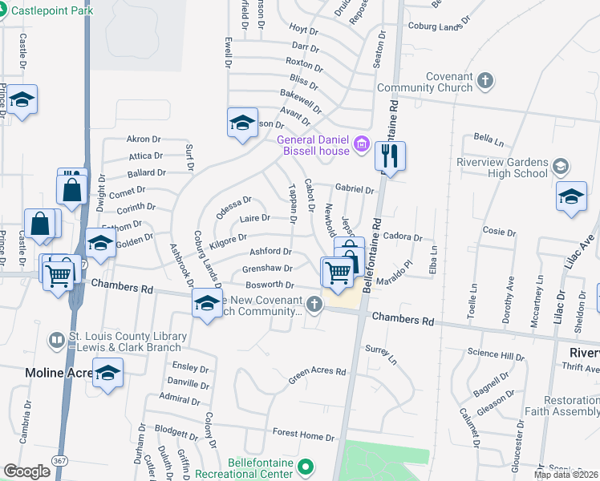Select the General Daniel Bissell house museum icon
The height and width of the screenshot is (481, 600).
pos(362,145)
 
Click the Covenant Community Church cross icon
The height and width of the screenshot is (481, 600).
pos(485,80)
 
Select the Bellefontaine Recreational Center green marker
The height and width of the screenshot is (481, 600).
pos(305,466)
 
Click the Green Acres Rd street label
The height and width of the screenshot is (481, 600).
pos(318,373)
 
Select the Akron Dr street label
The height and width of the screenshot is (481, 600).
pos(144,139)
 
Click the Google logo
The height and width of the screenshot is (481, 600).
pos(27,471)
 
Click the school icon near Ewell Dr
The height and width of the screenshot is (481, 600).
pos(242,123)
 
